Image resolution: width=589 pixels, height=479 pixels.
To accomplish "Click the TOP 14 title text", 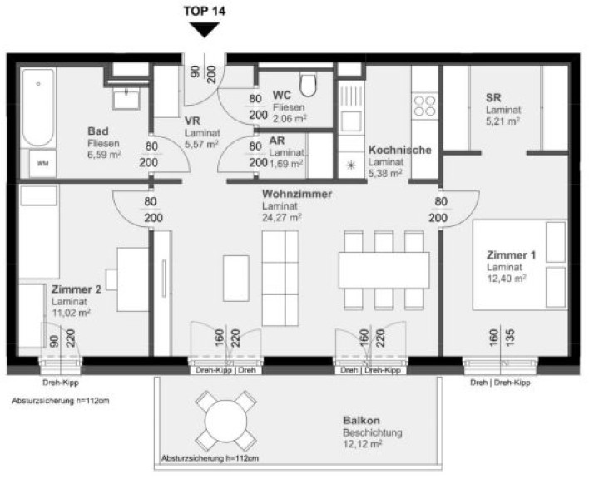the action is (205, 12).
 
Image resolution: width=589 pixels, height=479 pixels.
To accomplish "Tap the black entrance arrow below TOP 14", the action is (205, 30).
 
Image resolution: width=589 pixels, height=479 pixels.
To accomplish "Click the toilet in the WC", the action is (309, 84).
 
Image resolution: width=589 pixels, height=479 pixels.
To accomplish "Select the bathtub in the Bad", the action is (38, 107).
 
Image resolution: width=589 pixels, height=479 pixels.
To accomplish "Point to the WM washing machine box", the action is (42, 164).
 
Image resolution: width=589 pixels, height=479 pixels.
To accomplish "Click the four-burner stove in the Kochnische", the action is (425, 106).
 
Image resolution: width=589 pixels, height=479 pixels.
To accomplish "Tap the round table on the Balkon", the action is (225, 421).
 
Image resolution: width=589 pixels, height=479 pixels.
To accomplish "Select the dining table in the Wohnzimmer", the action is (384, 270).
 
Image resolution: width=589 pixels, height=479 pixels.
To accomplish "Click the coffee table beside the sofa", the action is (236, 278).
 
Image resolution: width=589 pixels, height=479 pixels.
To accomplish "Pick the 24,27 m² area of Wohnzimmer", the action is (282, 217).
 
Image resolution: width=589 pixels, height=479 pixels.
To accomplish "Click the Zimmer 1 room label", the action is (511, 255).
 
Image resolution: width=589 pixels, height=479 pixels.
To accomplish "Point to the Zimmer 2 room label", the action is (77, 289).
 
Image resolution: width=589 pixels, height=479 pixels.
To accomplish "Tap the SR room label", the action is (493, 97).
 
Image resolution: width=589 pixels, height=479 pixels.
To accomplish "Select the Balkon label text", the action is (361, 421).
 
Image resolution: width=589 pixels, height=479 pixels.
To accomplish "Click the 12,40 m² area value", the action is (507, 278).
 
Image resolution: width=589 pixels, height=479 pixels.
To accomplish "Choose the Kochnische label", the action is (399, 150).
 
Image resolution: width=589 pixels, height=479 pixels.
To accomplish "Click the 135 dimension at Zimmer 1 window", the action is (510, 338).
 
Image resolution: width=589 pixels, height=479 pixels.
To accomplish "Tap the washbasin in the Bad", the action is (126, 99).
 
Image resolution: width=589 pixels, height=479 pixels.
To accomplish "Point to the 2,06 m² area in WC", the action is (290, 119).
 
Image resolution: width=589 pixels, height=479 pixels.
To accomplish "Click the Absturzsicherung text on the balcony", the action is (210, 458).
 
